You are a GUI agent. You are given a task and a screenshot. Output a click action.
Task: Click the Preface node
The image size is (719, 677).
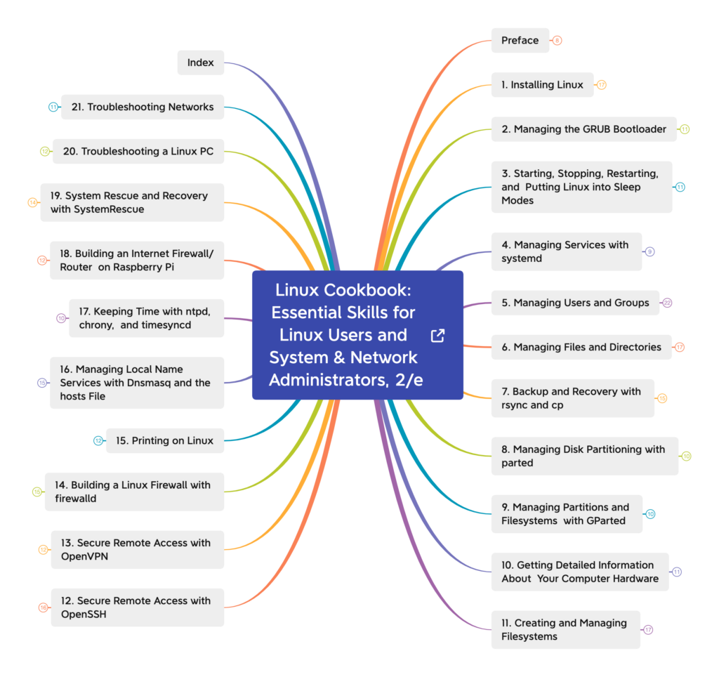520,41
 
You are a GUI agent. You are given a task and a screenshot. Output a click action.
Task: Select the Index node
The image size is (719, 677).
200,63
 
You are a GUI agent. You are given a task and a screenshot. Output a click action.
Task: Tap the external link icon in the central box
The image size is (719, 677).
437,336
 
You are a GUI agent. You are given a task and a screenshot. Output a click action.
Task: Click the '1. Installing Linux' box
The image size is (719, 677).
541,85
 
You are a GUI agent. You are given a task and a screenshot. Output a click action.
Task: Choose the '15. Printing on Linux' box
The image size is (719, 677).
164,441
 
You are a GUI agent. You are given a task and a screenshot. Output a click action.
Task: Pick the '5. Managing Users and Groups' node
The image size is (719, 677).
575,303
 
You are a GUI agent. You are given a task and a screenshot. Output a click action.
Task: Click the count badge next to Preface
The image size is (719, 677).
557,41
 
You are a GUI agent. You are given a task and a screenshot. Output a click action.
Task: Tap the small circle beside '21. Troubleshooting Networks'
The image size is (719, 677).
53,107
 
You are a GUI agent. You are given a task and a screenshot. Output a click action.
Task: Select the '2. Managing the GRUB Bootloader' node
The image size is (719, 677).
583,129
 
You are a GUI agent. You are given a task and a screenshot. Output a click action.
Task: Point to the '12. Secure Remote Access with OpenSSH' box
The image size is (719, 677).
137,607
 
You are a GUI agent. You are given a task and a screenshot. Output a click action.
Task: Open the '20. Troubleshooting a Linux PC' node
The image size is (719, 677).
138,152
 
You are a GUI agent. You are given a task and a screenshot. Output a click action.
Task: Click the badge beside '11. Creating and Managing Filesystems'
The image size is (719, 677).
648,630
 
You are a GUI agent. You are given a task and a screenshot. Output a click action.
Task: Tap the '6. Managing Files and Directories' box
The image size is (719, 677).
581,347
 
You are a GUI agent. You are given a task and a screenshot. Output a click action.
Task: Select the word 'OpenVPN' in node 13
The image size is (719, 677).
84,556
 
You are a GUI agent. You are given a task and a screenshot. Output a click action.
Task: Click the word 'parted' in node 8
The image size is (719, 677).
517,463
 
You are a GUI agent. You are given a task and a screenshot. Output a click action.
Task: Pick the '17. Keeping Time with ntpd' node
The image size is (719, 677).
146,318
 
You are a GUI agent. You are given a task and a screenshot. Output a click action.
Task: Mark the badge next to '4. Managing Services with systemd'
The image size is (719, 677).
649,251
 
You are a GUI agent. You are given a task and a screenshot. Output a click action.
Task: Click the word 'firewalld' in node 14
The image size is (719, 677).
76,499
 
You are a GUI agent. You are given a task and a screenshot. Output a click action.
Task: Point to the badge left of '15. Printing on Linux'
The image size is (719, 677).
98,441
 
